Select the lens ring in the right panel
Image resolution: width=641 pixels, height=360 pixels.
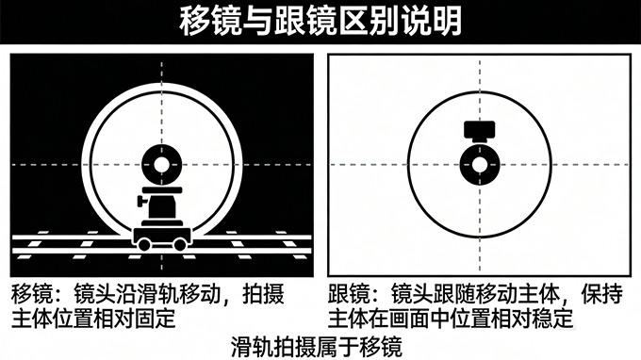(x=481, y=164)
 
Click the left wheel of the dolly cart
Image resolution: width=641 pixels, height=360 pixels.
(x=144, y=243)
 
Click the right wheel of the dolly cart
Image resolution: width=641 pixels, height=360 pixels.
(x=180, y=243)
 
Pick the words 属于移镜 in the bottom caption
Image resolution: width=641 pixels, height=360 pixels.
(x=367, y=346)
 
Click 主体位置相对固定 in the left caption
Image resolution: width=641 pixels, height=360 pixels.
(x=94, y=319)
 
